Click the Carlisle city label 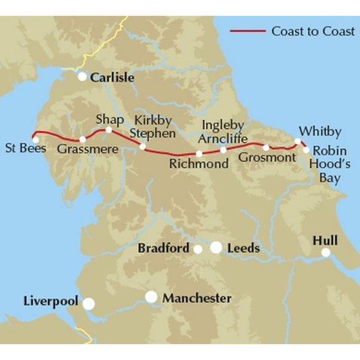pos(112,78)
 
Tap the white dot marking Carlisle pos(82,77)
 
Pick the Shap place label pos(110,119)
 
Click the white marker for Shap pos(109,130)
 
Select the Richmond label pos(199,164)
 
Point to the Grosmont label pos(266,157)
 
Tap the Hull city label pos(325,240)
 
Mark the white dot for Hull pos(326,253)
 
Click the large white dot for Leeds pos(216,248)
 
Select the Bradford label pos(164,248)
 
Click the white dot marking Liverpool pos(89,303)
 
